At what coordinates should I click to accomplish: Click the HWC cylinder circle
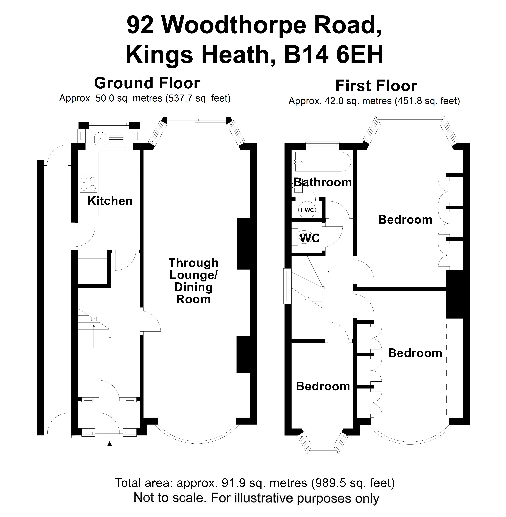tap(307, 210)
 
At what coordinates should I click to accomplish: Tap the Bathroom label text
tap(323, 182)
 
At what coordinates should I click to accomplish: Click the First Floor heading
tap(376, 86)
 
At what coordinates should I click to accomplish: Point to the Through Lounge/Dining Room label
tap(193, 281)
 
